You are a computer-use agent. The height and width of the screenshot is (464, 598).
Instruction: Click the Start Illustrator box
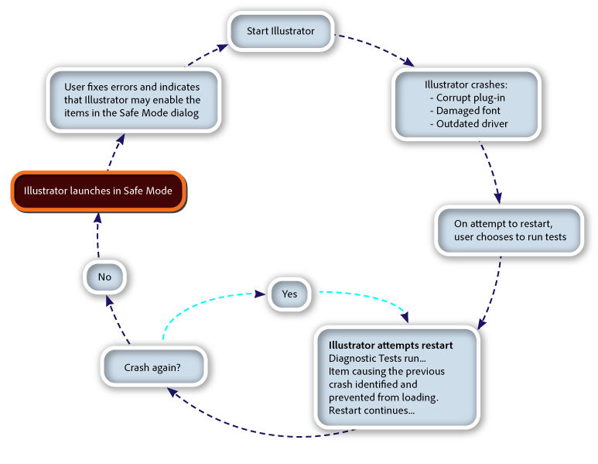click(281, 32)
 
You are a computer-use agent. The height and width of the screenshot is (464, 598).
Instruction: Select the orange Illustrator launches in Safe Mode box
click(98, 191)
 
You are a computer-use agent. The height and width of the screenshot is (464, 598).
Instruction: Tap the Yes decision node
click(289, 294)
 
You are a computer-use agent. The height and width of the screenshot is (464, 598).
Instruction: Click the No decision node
click(104, 277)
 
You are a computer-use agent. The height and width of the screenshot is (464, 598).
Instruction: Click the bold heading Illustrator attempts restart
click(391, 345)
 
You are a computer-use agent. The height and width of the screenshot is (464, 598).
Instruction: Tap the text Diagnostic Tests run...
click(377, 358)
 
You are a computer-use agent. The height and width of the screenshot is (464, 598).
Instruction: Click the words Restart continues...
click(371, 410)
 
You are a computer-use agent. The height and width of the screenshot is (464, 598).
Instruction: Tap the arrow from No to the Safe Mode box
click(97, 236)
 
